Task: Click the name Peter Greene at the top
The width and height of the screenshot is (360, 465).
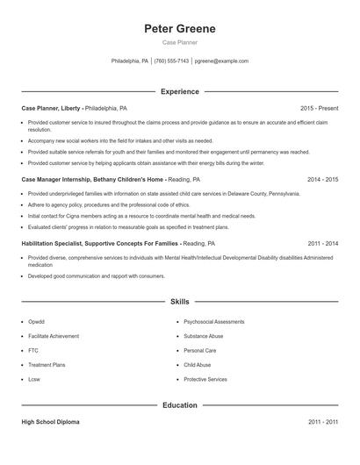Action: (180, 29)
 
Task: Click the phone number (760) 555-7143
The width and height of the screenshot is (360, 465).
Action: (172, 61)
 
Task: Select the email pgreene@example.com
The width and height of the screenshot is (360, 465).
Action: (221, 61)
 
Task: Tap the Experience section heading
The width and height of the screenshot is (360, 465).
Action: (180, 91)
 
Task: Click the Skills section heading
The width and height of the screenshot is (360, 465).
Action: (180, 301)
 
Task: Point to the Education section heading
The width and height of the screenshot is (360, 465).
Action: (180, 405)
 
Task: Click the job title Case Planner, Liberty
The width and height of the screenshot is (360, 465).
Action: (51, 108)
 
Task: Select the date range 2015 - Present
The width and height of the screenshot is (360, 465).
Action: (319, 108)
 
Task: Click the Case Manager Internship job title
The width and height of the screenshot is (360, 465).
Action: (80, 179)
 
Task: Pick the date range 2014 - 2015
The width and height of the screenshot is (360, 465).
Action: (323, 179)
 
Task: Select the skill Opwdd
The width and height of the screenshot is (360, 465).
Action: (36, 321)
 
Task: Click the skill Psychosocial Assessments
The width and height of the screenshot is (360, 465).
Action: (213, 321)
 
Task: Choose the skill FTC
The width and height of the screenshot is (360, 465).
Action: (33, 350)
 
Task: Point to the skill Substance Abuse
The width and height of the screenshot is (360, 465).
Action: (204, 336)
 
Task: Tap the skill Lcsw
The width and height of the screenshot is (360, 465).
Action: (34, 379)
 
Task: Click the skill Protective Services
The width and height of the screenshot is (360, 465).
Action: (205, 379)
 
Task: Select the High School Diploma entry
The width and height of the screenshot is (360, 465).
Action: (50, 422)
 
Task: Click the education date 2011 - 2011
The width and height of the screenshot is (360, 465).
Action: (323, 422)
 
